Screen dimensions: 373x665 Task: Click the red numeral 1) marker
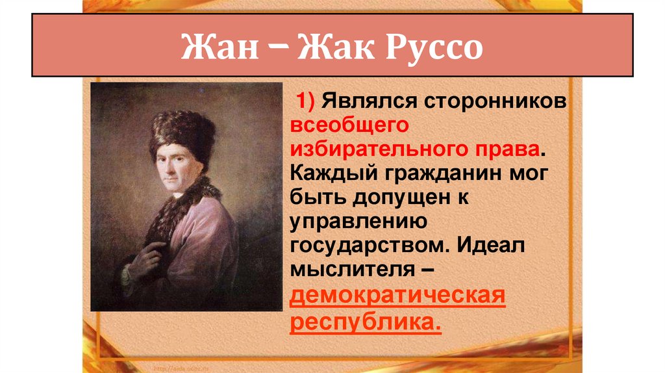coord(307,103)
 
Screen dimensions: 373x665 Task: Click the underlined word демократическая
coord(397,296)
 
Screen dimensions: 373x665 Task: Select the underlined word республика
coord(366,321)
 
